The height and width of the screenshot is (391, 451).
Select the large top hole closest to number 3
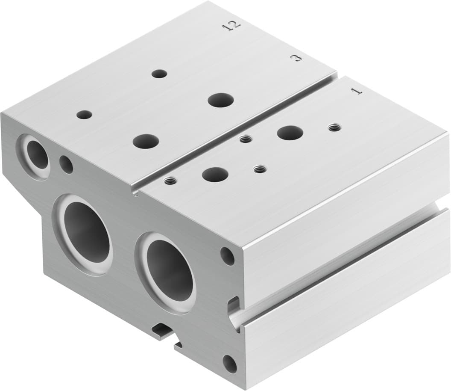(x=221, y=100)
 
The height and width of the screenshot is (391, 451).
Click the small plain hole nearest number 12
(x=159, y=74)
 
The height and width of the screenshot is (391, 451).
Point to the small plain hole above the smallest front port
(x=85, y=115)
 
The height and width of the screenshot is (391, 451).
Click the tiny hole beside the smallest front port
(x=66, y=165)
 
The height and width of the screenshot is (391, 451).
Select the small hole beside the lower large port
(x=227, y=256)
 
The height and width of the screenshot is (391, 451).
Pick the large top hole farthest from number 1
(x=145, y=141)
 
